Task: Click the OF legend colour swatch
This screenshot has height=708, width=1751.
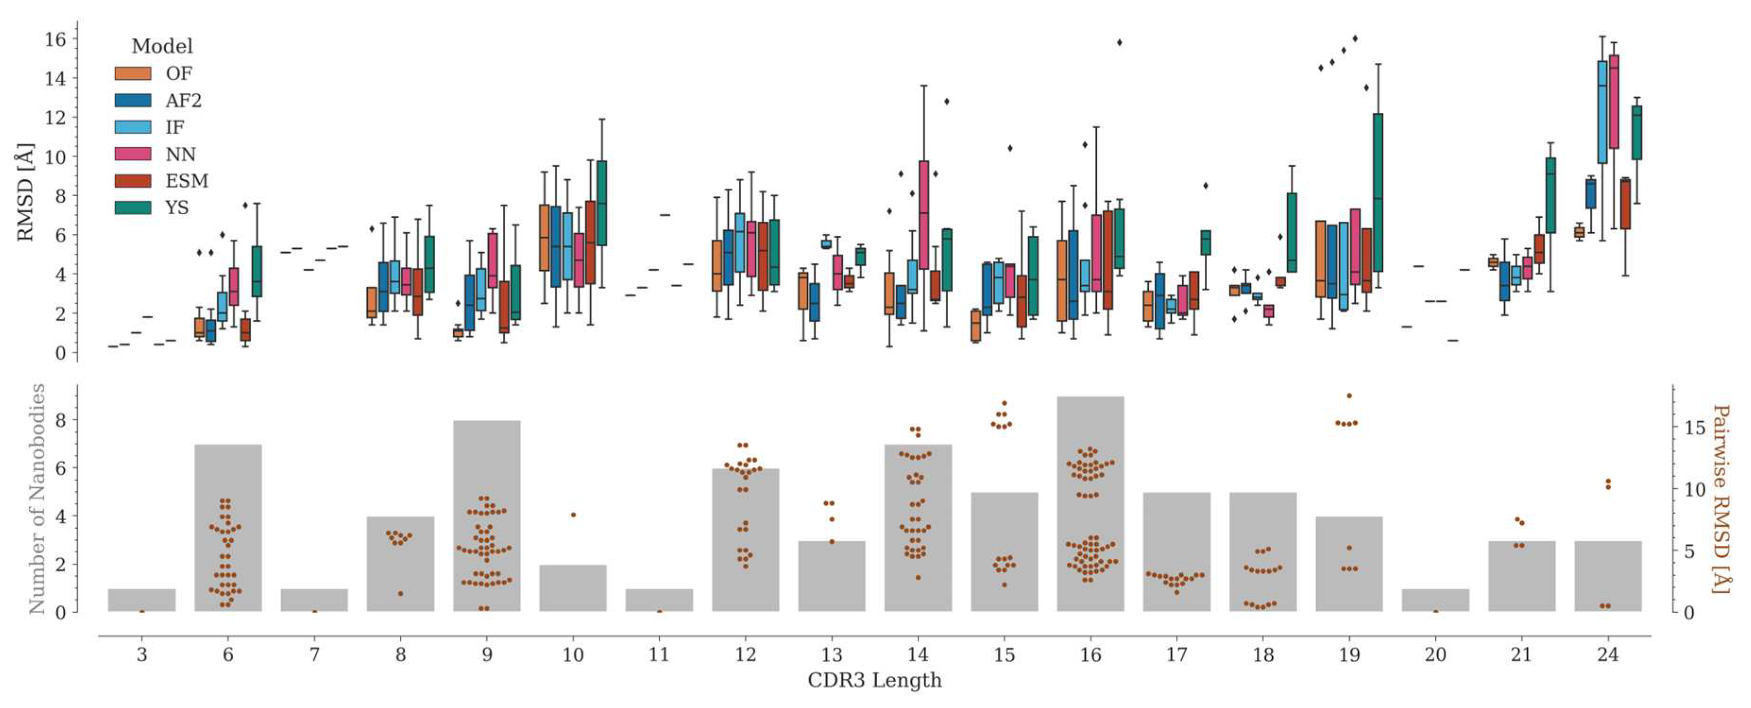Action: point(133,74)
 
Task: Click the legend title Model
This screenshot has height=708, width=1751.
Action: point(162,46)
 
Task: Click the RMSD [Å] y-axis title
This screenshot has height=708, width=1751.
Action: point(25,192)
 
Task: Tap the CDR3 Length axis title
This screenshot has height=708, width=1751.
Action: point(875,680)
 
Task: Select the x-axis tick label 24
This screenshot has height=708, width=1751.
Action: point(1607,655)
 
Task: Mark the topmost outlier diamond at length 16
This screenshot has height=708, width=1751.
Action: point(1119,42)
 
